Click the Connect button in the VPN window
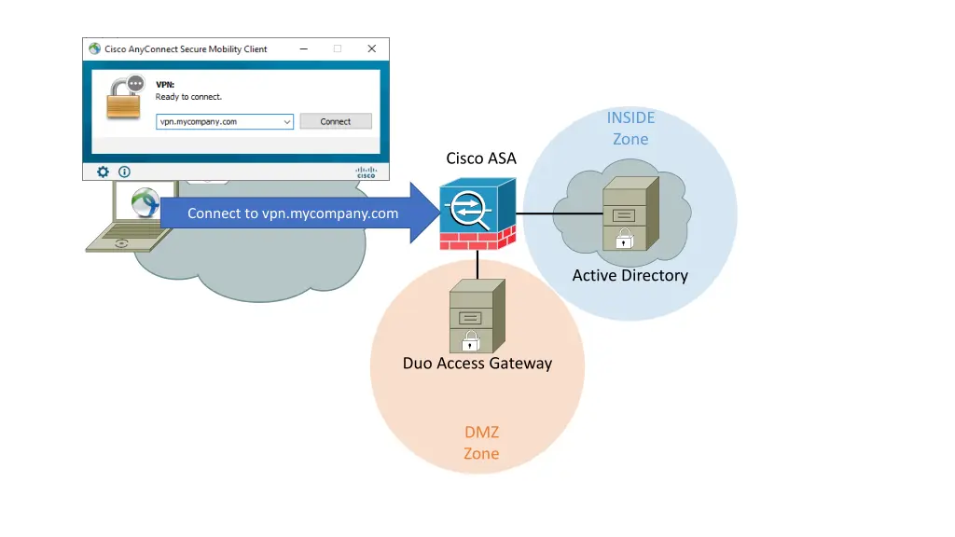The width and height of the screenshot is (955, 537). click(x=336, y=121)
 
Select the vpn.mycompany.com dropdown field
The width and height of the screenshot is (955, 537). click(x=225, y=121)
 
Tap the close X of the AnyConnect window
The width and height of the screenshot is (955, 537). click(x=371, y=48)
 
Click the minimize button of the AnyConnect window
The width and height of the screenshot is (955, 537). click(x=304, y=48)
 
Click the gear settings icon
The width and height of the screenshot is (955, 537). click(x=104, y=172)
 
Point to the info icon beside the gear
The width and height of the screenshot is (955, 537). click(x=124, y=172)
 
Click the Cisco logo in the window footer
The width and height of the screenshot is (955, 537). click(x=365, y=172)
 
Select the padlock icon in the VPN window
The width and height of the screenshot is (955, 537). click(x=125, y=97)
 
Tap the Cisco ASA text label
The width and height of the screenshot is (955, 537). click(x=480, y=158)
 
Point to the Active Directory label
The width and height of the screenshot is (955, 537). click(x=630, y=275)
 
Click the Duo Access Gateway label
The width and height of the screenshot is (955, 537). click(x=477, y=363)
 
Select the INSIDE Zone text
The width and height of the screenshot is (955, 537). click(x=630, y=128)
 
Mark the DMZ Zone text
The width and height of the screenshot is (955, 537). click(x=481, y=443)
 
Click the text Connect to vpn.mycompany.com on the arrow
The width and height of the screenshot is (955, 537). click(x=293, y=213)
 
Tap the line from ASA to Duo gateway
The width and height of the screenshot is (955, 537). click(x=477, y=264)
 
